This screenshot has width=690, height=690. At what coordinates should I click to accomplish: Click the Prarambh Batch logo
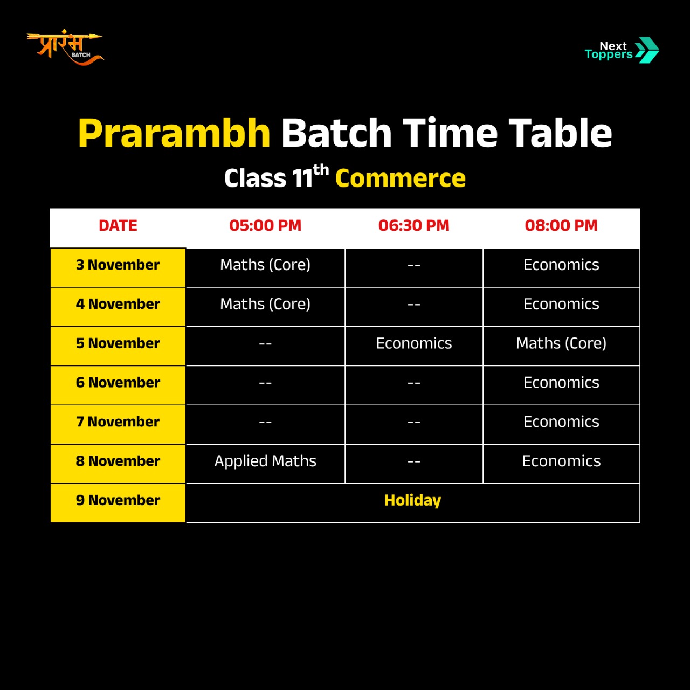[65, 47]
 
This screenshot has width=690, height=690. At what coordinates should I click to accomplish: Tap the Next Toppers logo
[622, 50]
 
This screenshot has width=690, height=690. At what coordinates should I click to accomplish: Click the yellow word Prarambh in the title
[174, 133]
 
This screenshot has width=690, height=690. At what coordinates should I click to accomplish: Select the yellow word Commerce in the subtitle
[401, 178]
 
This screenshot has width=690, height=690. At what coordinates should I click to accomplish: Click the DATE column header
[118, 225]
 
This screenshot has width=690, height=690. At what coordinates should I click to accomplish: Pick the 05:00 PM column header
[265, 225]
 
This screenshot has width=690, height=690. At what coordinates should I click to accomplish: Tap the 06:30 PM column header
[413, 225]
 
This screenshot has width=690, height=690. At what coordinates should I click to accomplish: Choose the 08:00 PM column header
[561, 225]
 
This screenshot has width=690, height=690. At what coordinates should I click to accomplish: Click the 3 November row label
[118, 265]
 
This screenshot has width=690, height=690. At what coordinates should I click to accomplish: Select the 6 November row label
[118, 382]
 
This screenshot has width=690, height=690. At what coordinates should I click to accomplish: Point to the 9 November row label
[118, 500]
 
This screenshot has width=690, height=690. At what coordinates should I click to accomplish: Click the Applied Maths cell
[265, 461]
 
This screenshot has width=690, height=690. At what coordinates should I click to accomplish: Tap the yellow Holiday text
[412, 501]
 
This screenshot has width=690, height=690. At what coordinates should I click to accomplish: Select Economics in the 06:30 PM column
[413, 343]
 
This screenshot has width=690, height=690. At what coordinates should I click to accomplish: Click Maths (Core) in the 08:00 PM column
[561, 343]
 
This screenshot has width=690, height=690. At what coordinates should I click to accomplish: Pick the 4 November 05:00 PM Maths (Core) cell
[265, 305]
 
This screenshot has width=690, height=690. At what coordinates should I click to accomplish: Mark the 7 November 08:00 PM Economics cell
[561, 422]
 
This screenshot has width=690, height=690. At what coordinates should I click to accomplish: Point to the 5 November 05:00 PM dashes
[265, 344]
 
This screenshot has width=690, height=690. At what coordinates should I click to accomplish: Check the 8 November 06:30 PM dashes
[413, 461]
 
